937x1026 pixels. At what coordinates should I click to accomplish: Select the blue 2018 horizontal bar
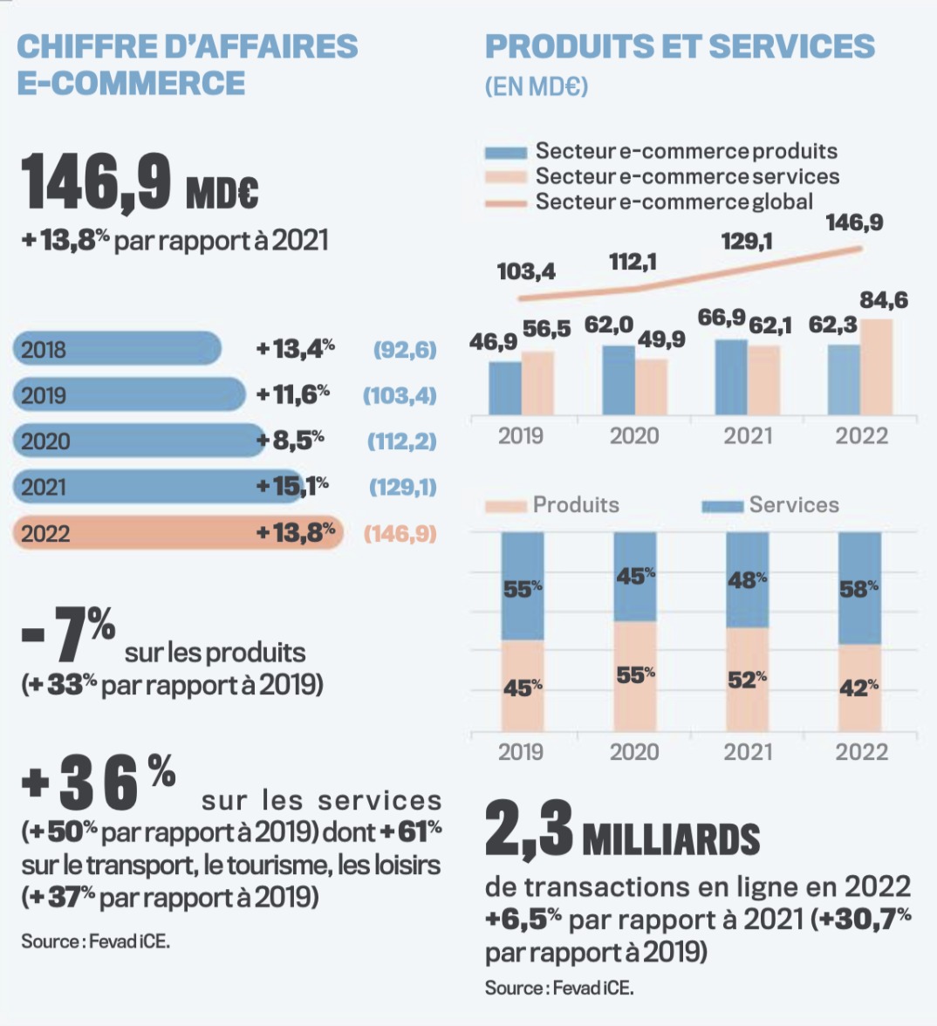tap(117, 349)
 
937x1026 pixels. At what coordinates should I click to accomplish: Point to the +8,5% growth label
tap(290, 441)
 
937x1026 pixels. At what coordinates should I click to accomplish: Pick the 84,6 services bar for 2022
tap(877, 367)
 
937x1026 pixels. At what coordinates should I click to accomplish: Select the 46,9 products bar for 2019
tap(505, 387)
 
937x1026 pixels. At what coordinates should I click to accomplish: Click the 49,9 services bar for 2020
tap(651, 386)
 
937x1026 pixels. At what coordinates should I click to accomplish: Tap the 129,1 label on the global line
tap(747, 242)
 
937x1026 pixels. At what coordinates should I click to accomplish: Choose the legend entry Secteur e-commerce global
tap(674, 202)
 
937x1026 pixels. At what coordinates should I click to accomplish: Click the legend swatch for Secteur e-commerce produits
tap(506, 153)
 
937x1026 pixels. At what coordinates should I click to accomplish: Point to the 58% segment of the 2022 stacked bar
tap(859, 588)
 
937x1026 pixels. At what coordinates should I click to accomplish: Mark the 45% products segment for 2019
tap(523, 687)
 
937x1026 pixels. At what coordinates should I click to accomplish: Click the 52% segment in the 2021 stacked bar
tap(748, 679)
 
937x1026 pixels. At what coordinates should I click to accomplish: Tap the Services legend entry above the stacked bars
tap(792, 505)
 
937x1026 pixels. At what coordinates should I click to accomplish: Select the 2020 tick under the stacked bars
tap(634, 752)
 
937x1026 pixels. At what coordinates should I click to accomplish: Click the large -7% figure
tap(69, 633)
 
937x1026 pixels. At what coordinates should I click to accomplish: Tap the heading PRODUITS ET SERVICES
tap(680, 46)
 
